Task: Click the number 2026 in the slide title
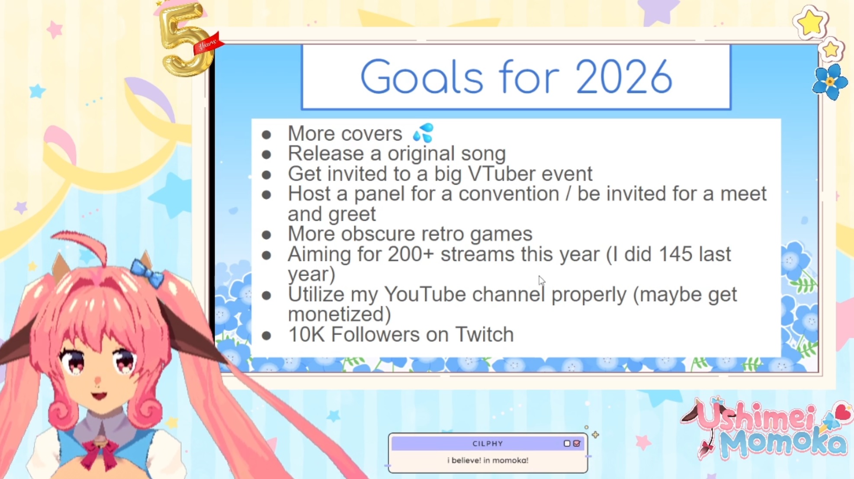(624, 77)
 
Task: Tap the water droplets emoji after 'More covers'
(423, 133)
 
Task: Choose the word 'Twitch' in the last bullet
(485, 334)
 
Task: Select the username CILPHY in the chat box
(488, 444)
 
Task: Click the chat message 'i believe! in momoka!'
(488, 460)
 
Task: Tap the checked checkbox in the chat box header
(577, 444)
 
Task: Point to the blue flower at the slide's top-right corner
(830, 82)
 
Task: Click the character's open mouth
(99, 395)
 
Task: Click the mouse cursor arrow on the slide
(542, 280)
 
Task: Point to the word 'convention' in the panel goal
(509, 194)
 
